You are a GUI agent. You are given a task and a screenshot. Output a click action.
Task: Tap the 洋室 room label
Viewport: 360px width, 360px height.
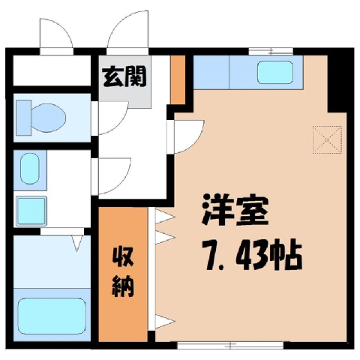coord(235,209)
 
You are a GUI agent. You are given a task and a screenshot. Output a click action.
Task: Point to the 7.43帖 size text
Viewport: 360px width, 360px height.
coord(253,256)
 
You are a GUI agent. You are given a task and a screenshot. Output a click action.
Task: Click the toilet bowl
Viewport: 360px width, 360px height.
coord(49,117)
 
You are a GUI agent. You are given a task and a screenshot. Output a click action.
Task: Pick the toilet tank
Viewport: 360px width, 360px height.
coord(24,118)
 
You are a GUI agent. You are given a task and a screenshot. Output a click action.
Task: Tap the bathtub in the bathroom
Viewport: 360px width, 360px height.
coord(52,316)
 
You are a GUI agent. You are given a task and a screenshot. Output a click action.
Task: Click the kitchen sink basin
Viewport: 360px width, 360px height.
coord(275,72)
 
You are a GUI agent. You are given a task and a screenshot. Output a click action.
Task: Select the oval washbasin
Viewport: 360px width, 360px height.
coord(30,169)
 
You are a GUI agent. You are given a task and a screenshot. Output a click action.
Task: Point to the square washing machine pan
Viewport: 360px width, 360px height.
coord(31,210)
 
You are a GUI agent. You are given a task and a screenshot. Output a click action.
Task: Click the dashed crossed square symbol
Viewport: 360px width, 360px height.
coord(327,139)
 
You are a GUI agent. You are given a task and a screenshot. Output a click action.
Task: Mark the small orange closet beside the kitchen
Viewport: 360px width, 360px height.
coord(178,79)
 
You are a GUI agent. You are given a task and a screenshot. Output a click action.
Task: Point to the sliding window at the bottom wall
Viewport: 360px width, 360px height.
coord(230,345)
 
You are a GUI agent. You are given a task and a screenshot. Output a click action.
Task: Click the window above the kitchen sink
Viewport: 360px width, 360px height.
coord(271,51)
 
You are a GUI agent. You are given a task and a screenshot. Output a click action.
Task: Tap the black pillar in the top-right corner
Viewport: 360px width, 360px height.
coord(340,80)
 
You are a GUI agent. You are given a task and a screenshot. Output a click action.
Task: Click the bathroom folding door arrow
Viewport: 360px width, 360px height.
coord(77,242)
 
